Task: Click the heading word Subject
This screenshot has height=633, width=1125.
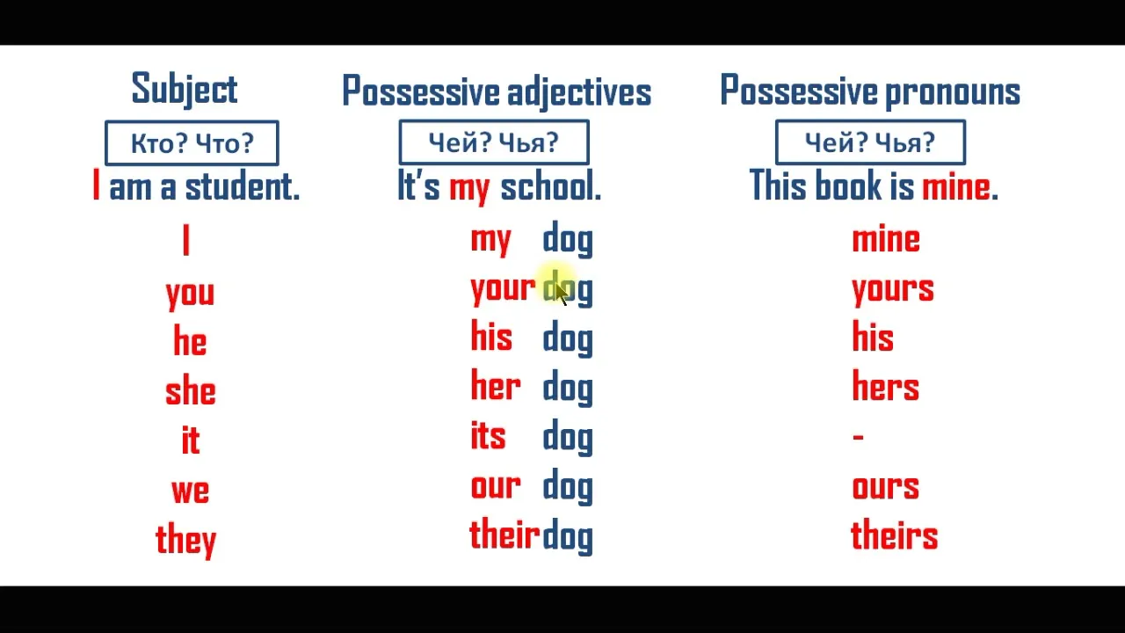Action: pos(185,90)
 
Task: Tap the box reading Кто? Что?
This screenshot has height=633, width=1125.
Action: pos(192,143)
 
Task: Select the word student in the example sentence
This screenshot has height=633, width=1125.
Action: pos(242,186)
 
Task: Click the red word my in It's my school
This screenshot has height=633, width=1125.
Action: pos(469,189)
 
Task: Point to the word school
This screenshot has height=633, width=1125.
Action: pos(551,186)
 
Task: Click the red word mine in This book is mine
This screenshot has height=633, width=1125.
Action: pos(956,186)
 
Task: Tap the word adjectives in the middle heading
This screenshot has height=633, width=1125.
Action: pos(579,93)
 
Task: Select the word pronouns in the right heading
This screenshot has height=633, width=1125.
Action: pos(953,93)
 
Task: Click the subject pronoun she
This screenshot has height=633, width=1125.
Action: pos(191,389)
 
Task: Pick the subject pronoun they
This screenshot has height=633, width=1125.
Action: pos(185,541)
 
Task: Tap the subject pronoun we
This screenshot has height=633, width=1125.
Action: pos(191,491)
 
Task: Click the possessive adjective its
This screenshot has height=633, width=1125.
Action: pos(488,435)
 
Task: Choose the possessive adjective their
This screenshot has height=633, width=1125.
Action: pos(504,534)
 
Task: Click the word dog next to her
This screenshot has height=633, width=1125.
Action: pos(568,388)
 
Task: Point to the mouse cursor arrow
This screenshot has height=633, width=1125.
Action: pos(562,295)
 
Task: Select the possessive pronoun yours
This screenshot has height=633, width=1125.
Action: pos(893,291)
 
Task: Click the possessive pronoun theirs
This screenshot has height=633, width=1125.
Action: pos(895,534)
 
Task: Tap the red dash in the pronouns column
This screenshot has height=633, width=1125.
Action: pos(859,437)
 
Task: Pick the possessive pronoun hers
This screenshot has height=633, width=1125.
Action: pos(885,386)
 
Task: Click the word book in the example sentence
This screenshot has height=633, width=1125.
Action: pos(848,185)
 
